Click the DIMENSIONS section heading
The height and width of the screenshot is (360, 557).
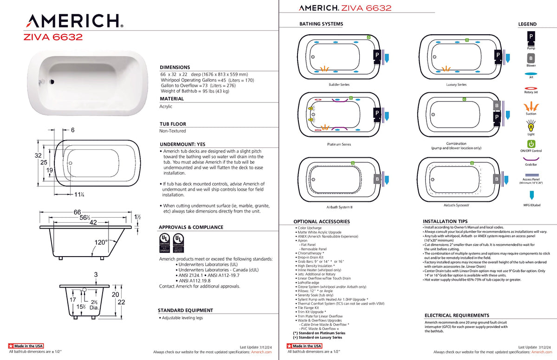coord(175,67)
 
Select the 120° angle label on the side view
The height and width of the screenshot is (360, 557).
coord(101,242)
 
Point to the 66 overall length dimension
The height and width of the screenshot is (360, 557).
coord(78,212)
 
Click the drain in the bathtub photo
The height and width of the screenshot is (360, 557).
coord(52,82)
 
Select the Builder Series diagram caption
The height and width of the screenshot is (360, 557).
coord(339,84)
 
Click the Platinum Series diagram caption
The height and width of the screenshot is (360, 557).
coord(339,144)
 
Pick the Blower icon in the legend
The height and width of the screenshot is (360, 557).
coord(531,58)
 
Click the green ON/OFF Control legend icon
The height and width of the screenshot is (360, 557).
coord(531,144)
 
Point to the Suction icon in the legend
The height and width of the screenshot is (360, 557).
coord(531,106)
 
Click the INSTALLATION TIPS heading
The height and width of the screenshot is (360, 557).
coord(445,221)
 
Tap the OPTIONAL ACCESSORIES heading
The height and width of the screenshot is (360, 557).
coord(322,222)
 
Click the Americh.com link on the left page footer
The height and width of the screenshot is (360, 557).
coord(261,352)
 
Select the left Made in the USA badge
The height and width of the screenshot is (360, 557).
coord(26,346)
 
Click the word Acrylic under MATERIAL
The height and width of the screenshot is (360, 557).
coord(166,106)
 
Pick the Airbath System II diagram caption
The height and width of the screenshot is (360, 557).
coord(339,207)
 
